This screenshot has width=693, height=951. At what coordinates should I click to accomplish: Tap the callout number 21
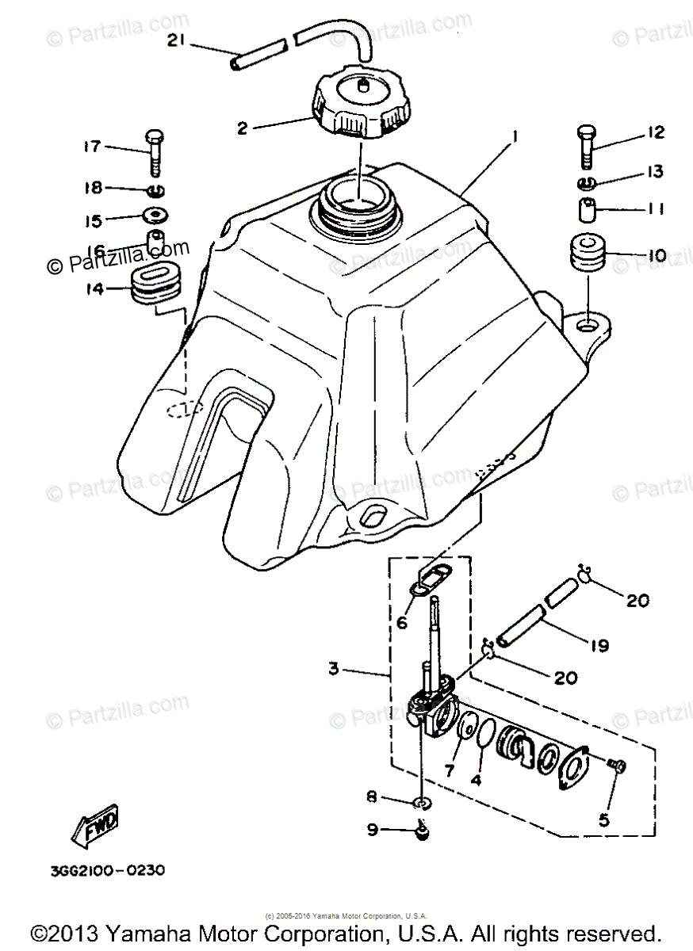(x=177, y=41)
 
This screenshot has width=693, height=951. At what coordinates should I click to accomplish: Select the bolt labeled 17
(x=154, y=153)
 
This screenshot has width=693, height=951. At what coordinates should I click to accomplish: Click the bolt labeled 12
(x=585, y=146)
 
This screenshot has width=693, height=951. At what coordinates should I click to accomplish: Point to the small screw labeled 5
(x=617, y=765)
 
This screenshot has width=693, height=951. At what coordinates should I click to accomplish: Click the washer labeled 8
(x=424, y=803)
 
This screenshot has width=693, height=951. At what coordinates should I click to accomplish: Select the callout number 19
(x=599, y=646)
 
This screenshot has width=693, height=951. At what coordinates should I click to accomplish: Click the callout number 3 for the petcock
(x=333, y=670)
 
